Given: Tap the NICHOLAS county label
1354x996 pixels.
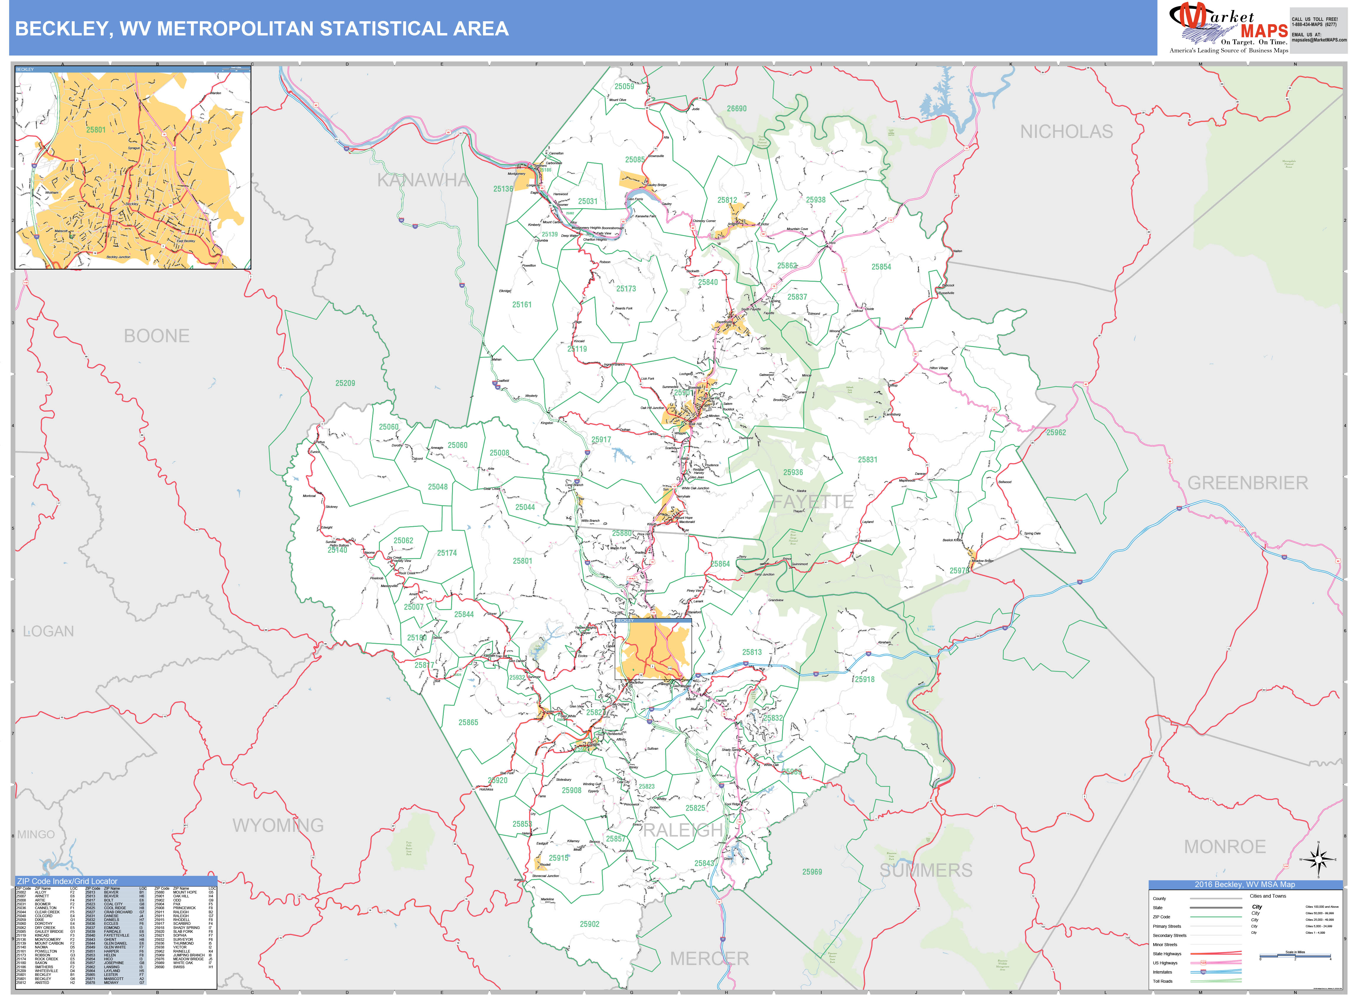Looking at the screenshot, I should [1066, 131].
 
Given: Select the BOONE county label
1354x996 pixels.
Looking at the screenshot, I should [157, 336].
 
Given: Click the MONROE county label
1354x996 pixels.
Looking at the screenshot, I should [1224, 847].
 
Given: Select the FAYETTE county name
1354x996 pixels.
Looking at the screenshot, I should [813, 502].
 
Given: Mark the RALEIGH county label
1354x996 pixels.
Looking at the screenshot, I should [683, 830].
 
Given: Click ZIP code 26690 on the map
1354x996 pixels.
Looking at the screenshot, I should [736, 109].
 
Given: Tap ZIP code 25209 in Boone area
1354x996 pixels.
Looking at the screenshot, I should [345, 383].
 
